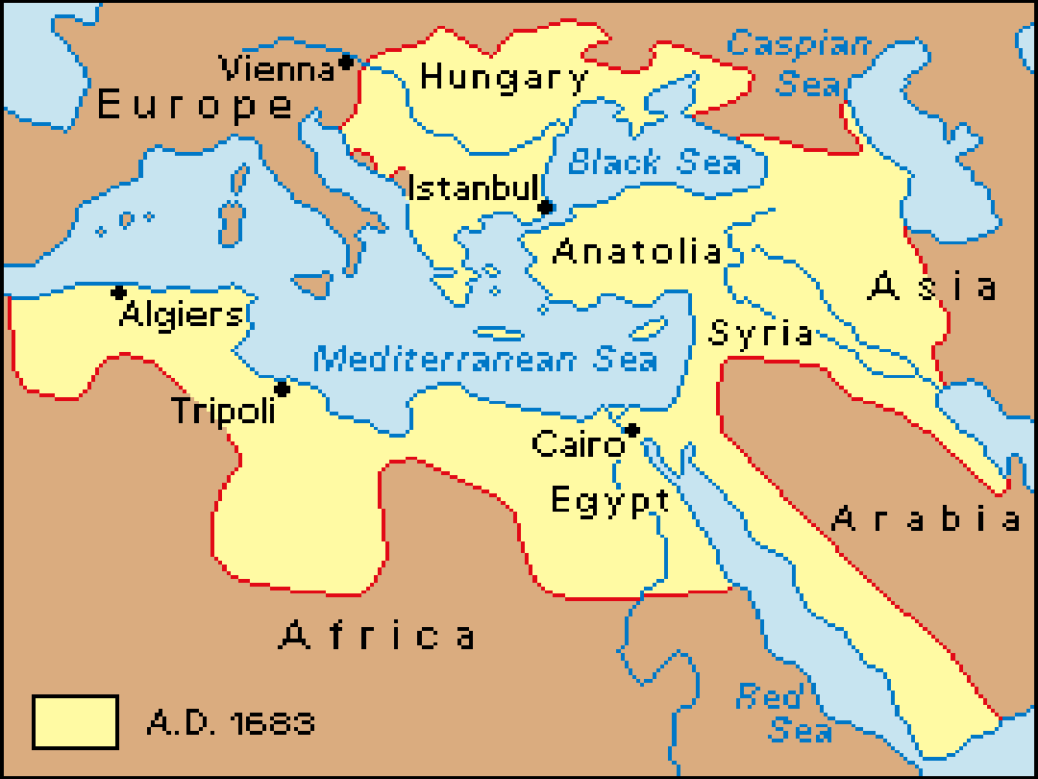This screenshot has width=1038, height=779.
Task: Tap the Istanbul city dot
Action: click(x=545, y=207)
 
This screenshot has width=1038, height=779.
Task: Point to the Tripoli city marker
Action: click(x=282, y=389)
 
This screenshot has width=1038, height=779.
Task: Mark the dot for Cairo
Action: click(x=631, y=430)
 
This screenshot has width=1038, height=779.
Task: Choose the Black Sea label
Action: click(x=655, y=163)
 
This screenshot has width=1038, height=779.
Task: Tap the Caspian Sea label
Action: click(x=801, y=63)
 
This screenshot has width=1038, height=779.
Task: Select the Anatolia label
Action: click(x=638, y=252)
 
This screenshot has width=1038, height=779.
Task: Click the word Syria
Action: click(x=761, y=334)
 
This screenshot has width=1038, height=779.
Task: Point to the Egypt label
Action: click(x=610, y=501)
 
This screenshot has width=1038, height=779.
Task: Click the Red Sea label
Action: click(x=783, y=713)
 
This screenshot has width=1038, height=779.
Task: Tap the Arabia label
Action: click(x=926, y=519)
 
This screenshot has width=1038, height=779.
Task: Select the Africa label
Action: click(x=378, y=635)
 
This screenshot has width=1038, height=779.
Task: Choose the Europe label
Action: click(x=195, y=104)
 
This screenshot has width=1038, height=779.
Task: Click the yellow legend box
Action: click(x=75, y=721)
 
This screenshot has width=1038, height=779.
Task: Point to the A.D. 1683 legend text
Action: click(x=231, y=722)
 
